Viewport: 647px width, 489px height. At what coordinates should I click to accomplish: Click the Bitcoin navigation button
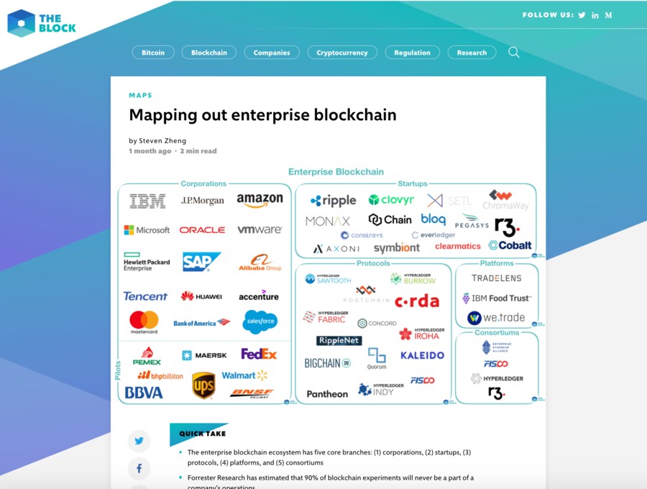153,52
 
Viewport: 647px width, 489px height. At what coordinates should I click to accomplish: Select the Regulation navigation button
412,52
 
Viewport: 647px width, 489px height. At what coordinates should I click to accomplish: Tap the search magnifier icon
514,52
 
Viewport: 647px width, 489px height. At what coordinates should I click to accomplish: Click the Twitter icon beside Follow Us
582,15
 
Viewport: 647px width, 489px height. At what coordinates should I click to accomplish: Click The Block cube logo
21,23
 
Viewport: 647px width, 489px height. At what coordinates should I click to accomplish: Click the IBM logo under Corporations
147,201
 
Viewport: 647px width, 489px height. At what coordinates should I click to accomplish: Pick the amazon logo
260,201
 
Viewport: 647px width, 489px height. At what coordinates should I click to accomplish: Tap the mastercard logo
144,321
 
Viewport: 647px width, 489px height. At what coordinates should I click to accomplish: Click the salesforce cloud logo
260,321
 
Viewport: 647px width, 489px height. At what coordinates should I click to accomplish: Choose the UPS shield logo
203,385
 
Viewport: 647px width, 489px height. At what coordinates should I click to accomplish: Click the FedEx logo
259,354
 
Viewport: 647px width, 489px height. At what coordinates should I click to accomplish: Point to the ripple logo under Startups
334,201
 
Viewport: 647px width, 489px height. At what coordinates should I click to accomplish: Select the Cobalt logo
510,245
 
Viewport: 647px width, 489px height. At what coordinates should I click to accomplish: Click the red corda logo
417,301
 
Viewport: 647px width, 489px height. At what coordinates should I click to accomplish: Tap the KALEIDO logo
422,355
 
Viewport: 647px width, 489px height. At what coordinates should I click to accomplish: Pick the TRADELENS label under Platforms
496,278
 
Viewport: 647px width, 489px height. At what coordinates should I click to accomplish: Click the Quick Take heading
202,434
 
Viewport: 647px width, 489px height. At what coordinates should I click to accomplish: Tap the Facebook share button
139,469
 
